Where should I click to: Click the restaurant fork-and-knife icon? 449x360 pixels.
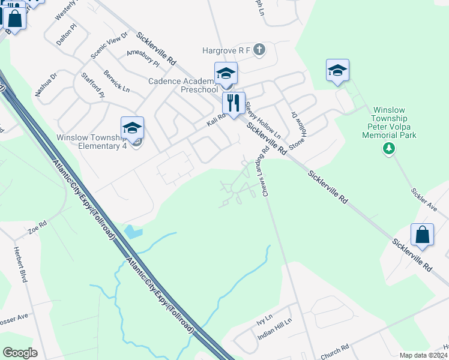pos(234,103)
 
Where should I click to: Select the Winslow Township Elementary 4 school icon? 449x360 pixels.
pos(132,127)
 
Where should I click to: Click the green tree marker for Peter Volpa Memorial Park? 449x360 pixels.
pos(389,148)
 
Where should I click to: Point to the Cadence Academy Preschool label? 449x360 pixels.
pos(183,85)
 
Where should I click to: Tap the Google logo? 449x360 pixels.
pos(20,353)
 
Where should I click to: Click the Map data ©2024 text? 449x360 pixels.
pos(423,355)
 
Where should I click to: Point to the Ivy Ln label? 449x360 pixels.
pos(264,317)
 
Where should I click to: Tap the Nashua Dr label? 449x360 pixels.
pos(46,85)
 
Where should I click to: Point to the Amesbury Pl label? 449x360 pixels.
pos(143,58)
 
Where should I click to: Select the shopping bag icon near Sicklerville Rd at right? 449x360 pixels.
pos(423,236)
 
